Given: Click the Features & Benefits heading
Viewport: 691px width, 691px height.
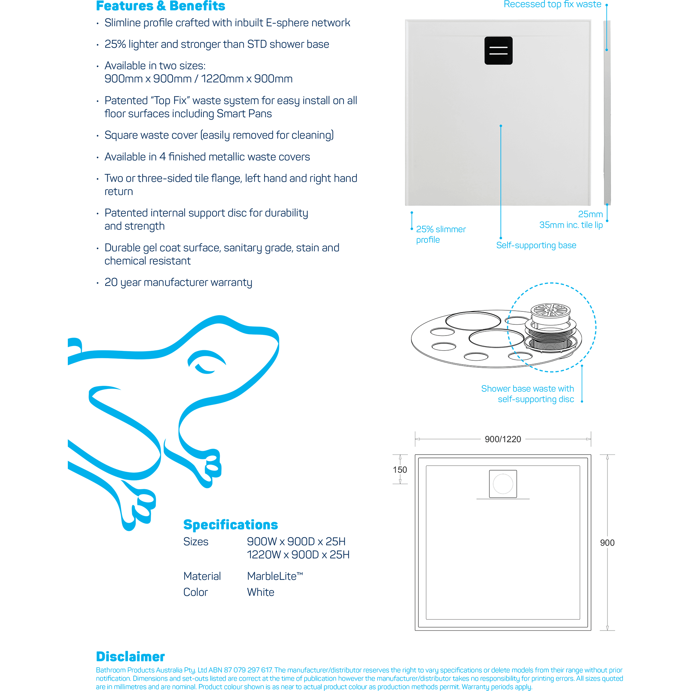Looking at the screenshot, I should tap(160, 6).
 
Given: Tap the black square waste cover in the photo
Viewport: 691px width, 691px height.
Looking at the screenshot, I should tap(498, 50).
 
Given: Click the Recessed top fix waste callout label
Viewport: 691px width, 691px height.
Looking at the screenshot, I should tap(552, 4).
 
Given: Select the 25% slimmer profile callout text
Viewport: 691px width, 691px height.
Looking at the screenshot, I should tap(440, 234).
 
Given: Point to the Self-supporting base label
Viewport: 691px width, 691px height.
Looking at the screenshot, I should tap(536, 245).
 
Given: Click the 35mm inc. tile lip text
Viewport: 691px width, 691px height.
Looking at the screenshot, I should tap(570, 225).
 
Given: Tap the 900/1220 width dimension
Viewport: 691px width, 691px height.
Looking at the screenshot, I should tap(503, 439).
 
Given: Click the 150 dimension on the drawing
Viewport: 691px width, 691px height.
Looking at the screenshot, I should tap(400, 470).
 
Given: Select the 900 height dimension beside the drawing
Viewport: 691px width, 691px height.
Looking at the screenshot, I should tap(607, 542).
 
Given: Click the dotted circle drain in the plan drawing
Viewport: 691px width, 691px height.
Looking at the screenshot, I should tap(503, 483).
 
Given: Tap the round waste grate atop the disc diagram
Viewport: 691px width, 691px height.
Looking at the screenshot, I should tap(550, 310).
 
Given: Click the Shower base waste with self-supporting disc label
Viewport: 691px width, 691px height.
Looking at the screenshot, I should tap(527, 394).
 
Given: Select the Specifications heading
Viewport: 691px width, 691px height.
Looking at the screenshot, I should tap(230, 525).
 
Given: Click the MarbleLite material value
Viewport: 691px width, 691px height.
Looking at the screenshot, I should tap(275, 576).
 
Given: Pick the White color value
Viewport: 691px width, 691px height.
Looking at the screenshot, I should tap(260, 592).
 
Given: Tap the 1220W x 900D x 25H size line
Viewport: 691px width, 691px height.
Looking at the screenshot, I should tap(298, 554).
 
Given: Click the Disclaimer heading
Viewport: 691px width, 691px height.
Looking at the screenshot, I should tap(130, 657).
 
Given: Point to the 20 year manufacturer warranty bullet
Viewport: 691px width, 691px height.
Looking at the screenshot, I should tap(178, 282).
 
